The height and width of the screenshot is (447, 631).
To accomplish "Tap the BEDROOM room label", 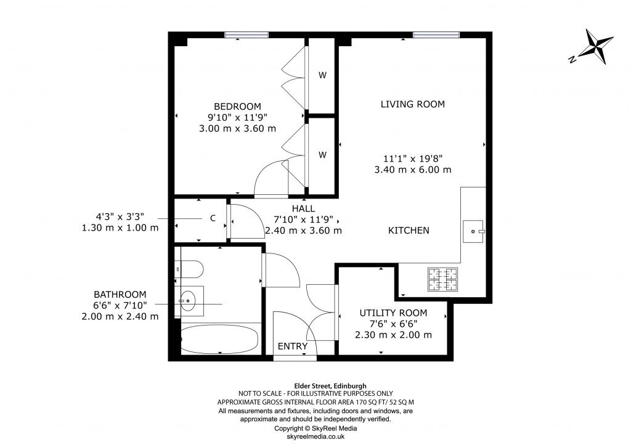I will coord(237,106).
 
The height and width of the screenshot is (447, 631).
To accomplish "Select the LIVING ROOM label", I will coord(412,104).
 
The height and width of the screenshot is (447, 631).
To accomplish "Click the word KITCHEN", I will coord(408,231).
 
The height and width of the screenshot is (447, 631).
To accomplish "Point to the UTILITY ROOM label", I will coord(393,313).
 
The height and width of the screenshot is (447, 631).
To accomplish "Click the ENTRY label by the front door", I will coord(292,347).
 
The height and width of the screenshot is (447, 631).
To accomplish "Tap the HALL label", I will coord(303,208).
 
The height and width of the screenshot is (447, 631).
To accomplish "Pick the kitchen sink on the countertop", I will coord(474,231).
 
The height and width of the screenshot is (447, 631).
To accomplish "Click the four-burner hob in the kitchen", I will coord(442,279).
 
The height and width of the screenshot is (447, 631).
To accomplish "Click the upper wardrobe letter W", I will coord(322,76).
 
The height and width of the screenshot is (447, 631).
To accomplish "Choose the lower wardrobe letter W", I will coord(322,155).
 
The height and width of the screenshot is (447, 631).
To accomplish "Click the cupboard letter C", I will coord(213,218).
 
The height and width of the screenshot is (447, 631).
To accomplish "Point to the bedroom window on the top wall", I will coord(246,35).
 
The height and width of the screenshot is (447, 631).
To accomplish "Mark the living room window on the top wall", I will coord(436,35).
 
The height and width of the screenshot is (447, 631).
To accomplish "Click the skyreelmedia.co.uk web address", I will coord(315,437).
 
